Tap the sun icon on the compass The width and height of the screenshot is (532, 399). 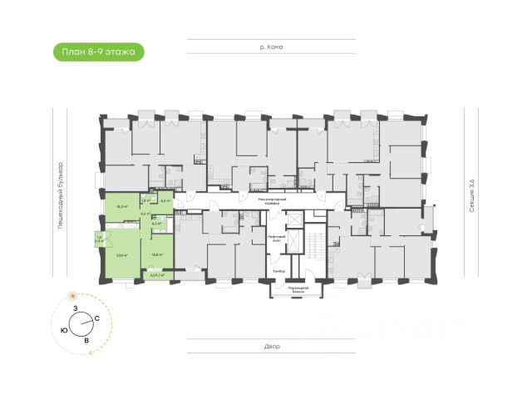73,295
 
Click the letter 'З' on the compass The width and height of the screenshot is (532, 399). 75,309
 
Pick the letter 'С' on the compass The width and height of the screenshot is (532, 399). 97,319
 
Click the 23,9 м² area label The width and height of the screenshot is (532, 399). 121,255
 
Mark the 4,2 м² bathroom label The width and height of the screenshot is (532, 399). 156,224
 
